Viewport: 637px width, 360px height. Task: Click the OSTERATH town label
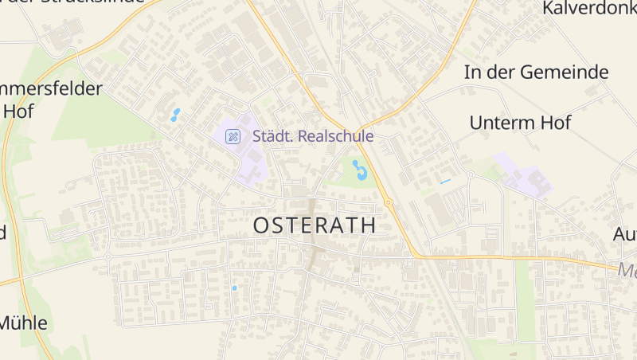point(315,225)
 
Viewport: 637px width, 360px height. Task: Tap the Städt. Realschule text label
point(313,136)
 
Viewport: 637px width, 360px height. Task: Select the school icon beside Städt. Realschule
point(233,136)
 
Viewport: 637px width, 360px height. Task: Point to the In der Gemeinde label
point(536,72)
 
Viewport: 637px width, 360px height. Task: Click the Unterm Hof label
point(520,123)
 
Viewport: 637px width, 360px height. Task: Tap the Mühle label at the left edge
point(23,323)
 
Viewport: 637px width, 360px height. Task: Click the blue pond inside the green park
point(360,170)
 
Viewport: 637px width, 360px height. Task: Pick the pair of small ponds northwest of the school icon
point(175,115)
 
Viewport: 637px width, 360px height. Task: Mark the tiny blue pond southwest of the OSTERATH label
point(234,288)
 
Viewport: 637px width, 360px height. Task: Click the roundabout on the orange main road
point(389,203)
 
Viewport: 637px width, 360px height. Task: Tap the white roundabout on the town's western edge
point(107,257)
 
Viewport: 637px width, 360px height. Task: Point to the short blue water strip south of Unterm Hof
point(445,182)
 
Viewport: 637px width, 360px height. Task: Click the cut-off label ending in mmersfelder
point(52,88)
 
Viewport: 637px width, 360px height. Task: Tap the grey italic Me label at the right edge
point(627,270)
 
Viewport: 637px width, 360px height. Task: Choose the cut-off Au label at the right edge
point(624,235)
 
